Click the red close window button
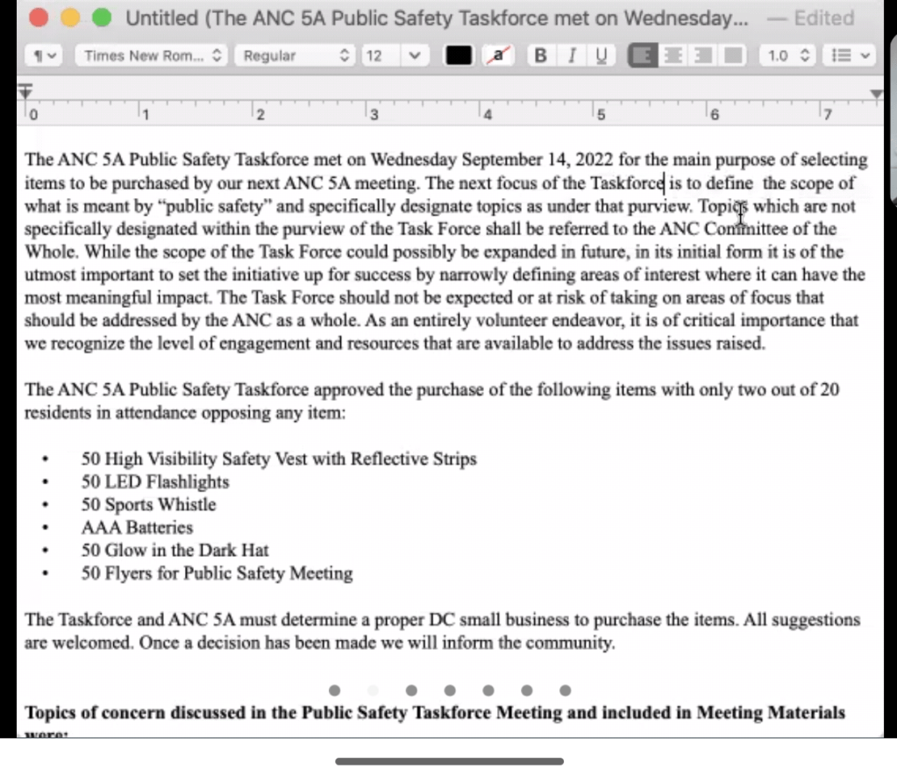coord(39,18)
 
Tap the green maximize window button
coord(102,18)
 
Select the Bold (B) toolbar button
coord(541,55)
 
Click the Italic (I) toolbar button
coord(572,55)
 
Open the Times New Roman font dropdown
coord(153,55)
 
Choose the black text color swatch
coord(459,55)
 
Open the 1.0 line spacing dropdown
coord(790,55)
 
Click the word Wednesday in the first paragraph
coord(414,160)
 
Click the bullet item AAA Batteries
coord(137,527)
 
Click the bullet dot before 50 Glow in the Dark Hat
coord(45,551)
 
